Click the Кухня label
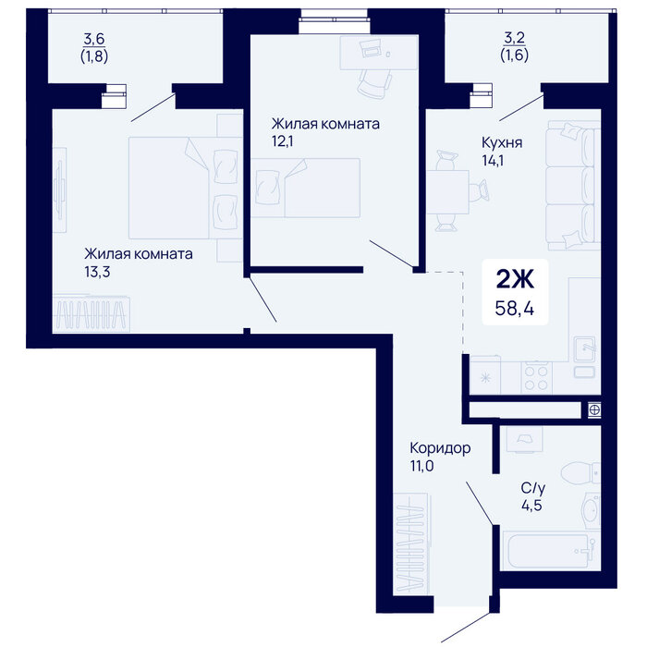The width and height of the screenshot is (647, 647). (502, 142)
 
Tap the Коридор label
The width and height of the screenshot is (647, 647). (440, 448)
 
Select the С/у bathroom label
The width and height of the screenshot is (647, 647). (532, 488)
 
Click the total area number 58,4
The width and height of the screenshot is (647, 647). (515, 308)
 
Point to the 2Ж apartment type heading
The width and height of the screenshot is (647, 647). (515, 279)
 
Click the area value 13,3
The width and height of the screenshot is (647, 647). (97, 272)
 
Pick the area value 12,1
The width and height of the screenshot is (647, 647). (282, 141)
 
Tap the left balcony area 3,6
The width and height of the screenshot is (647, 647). (94, 39)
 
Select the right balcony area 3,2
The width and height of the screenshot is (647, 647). (515, 38)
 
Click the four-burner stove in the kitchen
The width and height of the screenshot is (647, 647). (536, 378)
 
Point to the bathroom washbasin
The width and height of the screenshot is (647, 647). (591, 510)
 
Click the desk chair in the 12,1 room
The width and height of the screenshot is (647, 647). (375, 84)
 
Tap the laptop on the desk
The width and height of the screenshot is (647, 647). (372, 49)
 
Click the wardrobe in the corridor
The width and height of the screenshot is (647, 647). (412, 543)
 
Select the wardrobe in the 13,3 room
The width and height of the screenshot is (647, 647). (92, 312)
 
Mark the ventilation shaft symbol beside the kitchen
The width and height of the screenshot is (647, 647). (594, 410)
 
